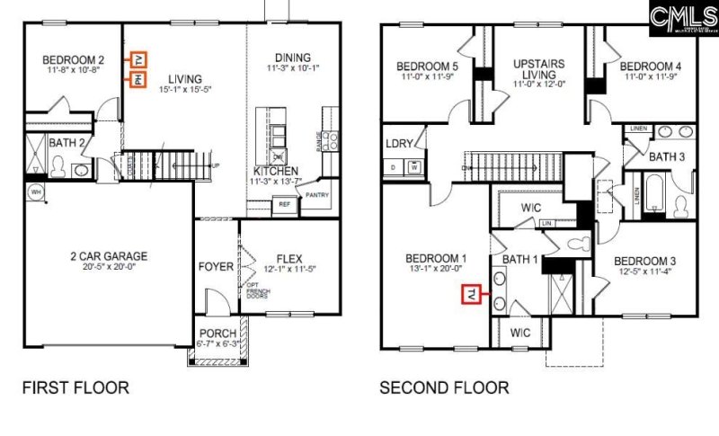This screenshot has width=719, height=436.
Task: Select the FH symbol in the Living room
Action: (x=138, y=80)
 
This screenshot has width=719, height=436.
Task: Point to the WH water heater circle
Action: (x=37, y=191)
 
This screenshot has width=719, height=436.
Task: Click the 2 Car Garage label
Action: (x=109, y=256)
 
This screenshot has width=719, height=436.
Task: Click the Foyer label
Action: (x=216, y=267)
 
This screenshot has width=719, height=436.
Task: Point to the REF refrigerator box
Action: (x=284, y=204)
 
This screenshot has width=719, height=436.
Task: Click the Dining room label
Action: (x=292, y=56)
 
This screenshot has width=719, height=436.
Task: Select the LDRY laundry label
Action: (x=398, y=144)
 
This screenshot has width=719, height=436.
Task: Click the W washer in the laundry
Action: (x=414, y=166)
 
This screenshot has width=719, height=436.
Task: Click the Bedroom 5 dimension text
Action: (x=428, y=76)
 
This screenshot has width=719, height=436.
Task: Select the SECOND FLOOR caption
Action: (x=444, y=388)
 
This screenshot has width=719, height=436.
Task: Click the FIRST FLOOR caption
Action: (x=75, y=388)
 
